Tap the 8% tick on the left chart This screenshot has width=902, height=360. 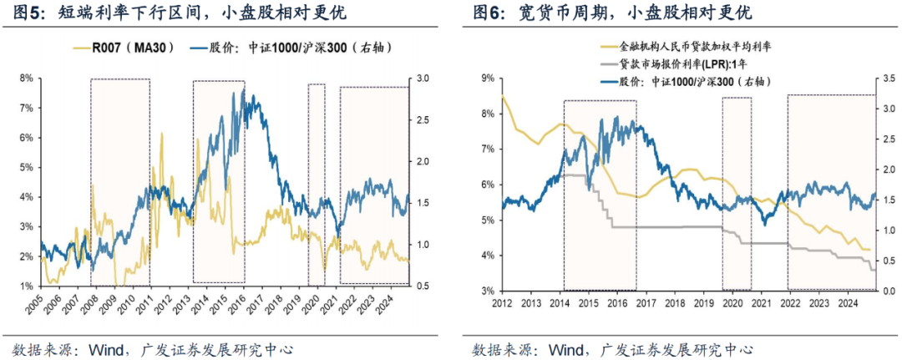[x=26, y=79]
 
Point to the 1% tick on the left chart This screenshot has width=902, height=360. [x=26, y=286]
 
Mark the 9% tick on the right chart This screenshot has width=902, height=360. [x=485, y=79]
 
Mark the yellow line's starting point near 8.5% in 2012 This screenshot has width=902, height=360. [x=503, y=97]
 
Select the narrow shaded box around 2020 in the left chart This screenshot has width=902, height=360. [x=317, y=184]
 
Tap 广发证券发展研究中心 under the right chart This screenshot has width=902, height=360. [x=685, y=347]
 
